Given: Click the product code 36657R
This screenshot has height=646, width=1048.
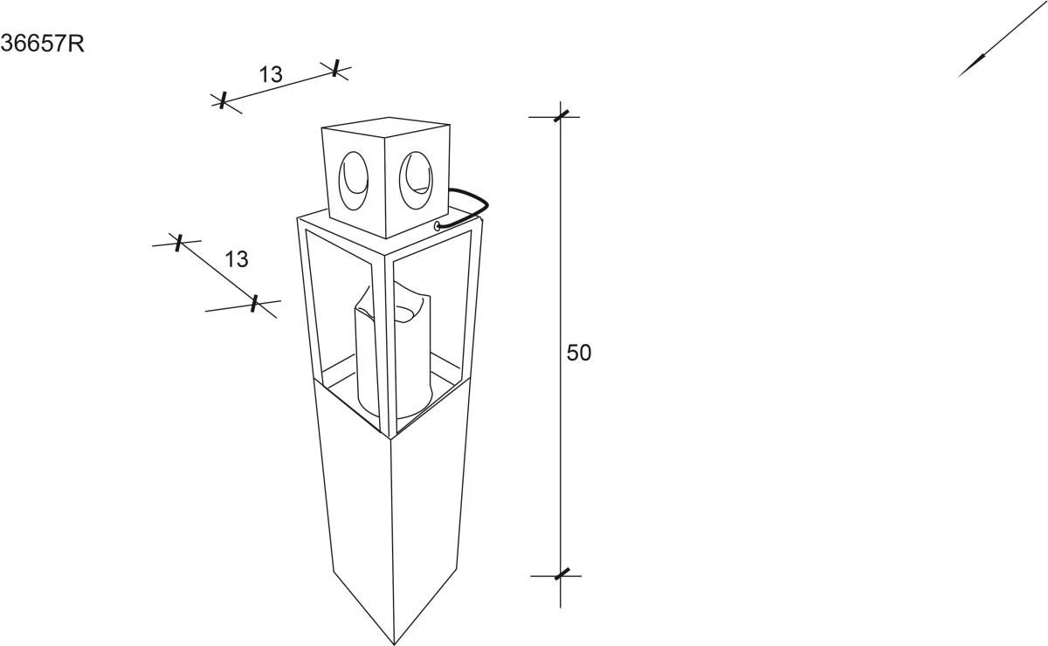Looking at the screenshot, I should click(42, 44).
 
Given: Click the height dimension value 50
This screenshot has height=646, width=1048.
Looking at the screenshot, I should click(579, 354).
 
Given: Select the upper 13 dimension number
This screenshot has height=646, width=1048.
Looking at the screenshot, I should click(271, 75).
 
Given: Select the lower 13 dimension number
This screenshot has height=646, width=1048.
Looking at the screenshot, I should click(236, 259).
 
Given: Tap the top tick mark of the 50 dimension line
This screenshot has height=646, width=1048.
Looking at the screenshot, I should click(561, 114).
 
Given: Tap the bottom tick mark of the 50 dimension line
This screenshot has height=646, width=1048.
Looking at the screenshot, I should click(561, 574).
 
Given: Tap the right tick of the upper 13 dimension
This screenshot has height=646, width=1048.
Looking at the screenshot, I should click(336, 69).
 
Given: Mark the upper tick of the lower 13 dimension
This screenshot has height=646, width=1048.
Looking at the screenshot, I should click(178, 243).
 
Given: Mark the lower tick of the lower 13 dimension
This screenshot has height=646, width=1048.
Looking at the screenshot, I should click(254, 304).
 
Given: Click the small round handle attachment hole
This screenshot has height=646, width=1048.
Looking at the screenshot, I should click(436, 226).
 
